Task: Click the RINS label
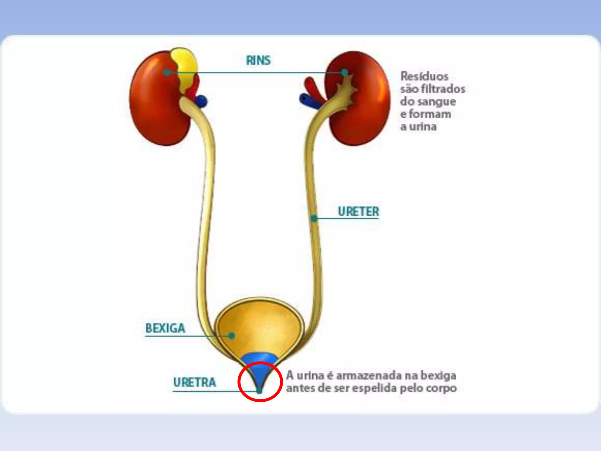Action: (258, 60)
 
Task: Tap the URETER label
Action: (358, 211)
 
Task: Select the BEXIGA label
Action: (165, 328)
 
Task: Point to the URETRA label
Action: (195, 382)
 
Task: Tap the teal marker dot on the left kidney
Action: (167, 72)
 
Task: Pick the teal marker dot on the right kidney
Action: (345, 72)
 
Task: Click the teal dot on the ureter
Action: (314, 218)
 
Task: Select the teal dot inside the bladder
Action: (232, 336)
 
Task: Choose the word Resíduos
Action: (424, 76)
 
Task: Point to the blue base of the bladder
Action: (259, 359)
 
